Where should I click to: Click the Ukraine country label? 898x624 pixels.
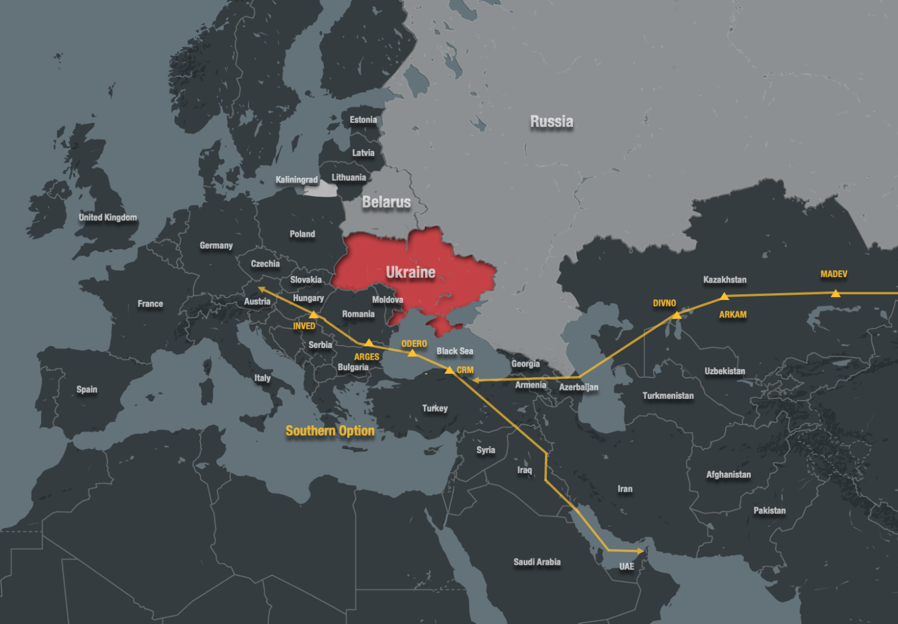[410, 273]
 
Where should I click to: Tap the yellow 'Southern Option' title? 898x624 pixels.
[330, 431]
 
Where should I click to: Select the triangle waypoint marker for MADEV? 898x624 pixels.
[835, 293]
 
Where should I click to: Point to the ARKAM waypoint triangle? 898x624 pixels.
[724, 297]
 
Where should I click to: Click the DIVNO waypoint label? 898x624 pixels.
[664, 303]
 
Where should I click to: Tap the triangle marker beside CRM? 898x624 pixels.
[449, 370]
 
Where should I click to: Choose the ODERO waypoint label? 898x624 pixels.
[414, 344]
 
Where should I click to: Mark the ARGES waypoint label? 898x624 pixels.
[367, 357]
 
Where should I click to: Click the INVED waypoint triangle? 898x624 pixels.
[313, 315]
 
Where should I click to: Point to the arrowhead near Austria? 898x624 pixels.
[261, 288]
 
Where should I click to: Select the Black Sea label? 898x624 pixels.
[455, 351]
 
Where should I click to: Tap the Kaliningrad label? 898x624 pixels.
[296, 180]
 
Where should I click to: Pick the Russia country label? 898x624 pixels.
[551, 122]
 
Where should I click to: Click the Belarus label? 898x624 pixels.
[386, 202]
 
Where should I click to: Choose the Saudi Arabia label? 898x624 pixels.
[537, 562]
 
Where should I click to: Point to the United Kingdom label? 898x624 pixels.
[108, 218]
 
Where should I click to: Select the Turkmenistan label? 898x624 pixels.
[668, 396]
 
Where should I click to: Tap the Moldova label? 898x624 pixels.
[388, 300]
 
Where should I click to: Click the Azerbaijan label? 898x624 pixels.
[578, 387]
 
